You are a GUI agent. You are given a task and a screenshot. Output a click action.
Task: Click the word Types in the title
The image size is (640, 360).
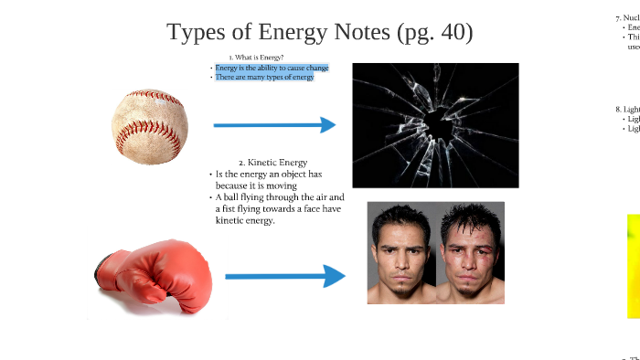coord(193,33)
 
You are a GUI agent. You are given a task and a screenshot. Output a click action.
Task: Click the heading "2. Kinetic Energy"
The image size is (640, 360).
coord(266,162)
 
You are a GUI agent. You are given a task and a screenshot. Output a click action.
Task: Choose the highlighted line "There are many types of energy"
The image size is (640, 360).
coord(264,78)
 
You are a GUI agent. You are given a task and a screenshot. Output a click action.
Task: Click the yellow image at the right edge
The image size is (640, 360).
coord(633,265)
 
